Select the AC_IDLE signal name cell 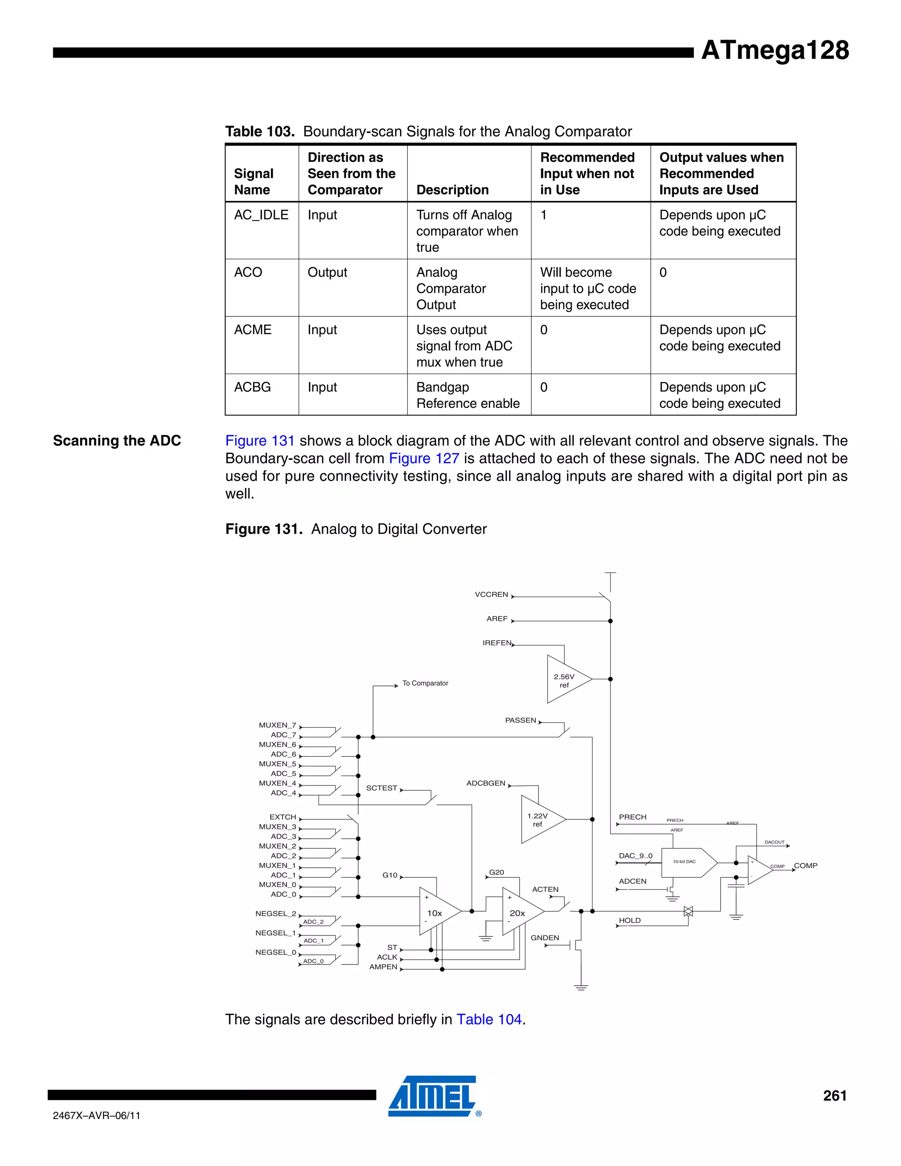click(x=261, y=215)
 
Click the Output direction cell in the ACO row click(x=327, y=273)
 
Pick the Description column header click(x=452, y=190)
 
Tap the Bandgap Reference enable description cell click(x=468, y=395)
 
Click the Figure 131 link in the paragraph click(x=260, y=441)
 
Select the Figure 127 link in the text click(x=424, y=458)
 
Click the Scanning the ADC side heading click(x=117, y=441)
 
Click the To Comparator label click(x=425, y=683)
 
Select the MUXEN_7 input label click(x=277, y=725)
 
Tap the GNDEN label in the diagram click(x=545, y=938)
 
